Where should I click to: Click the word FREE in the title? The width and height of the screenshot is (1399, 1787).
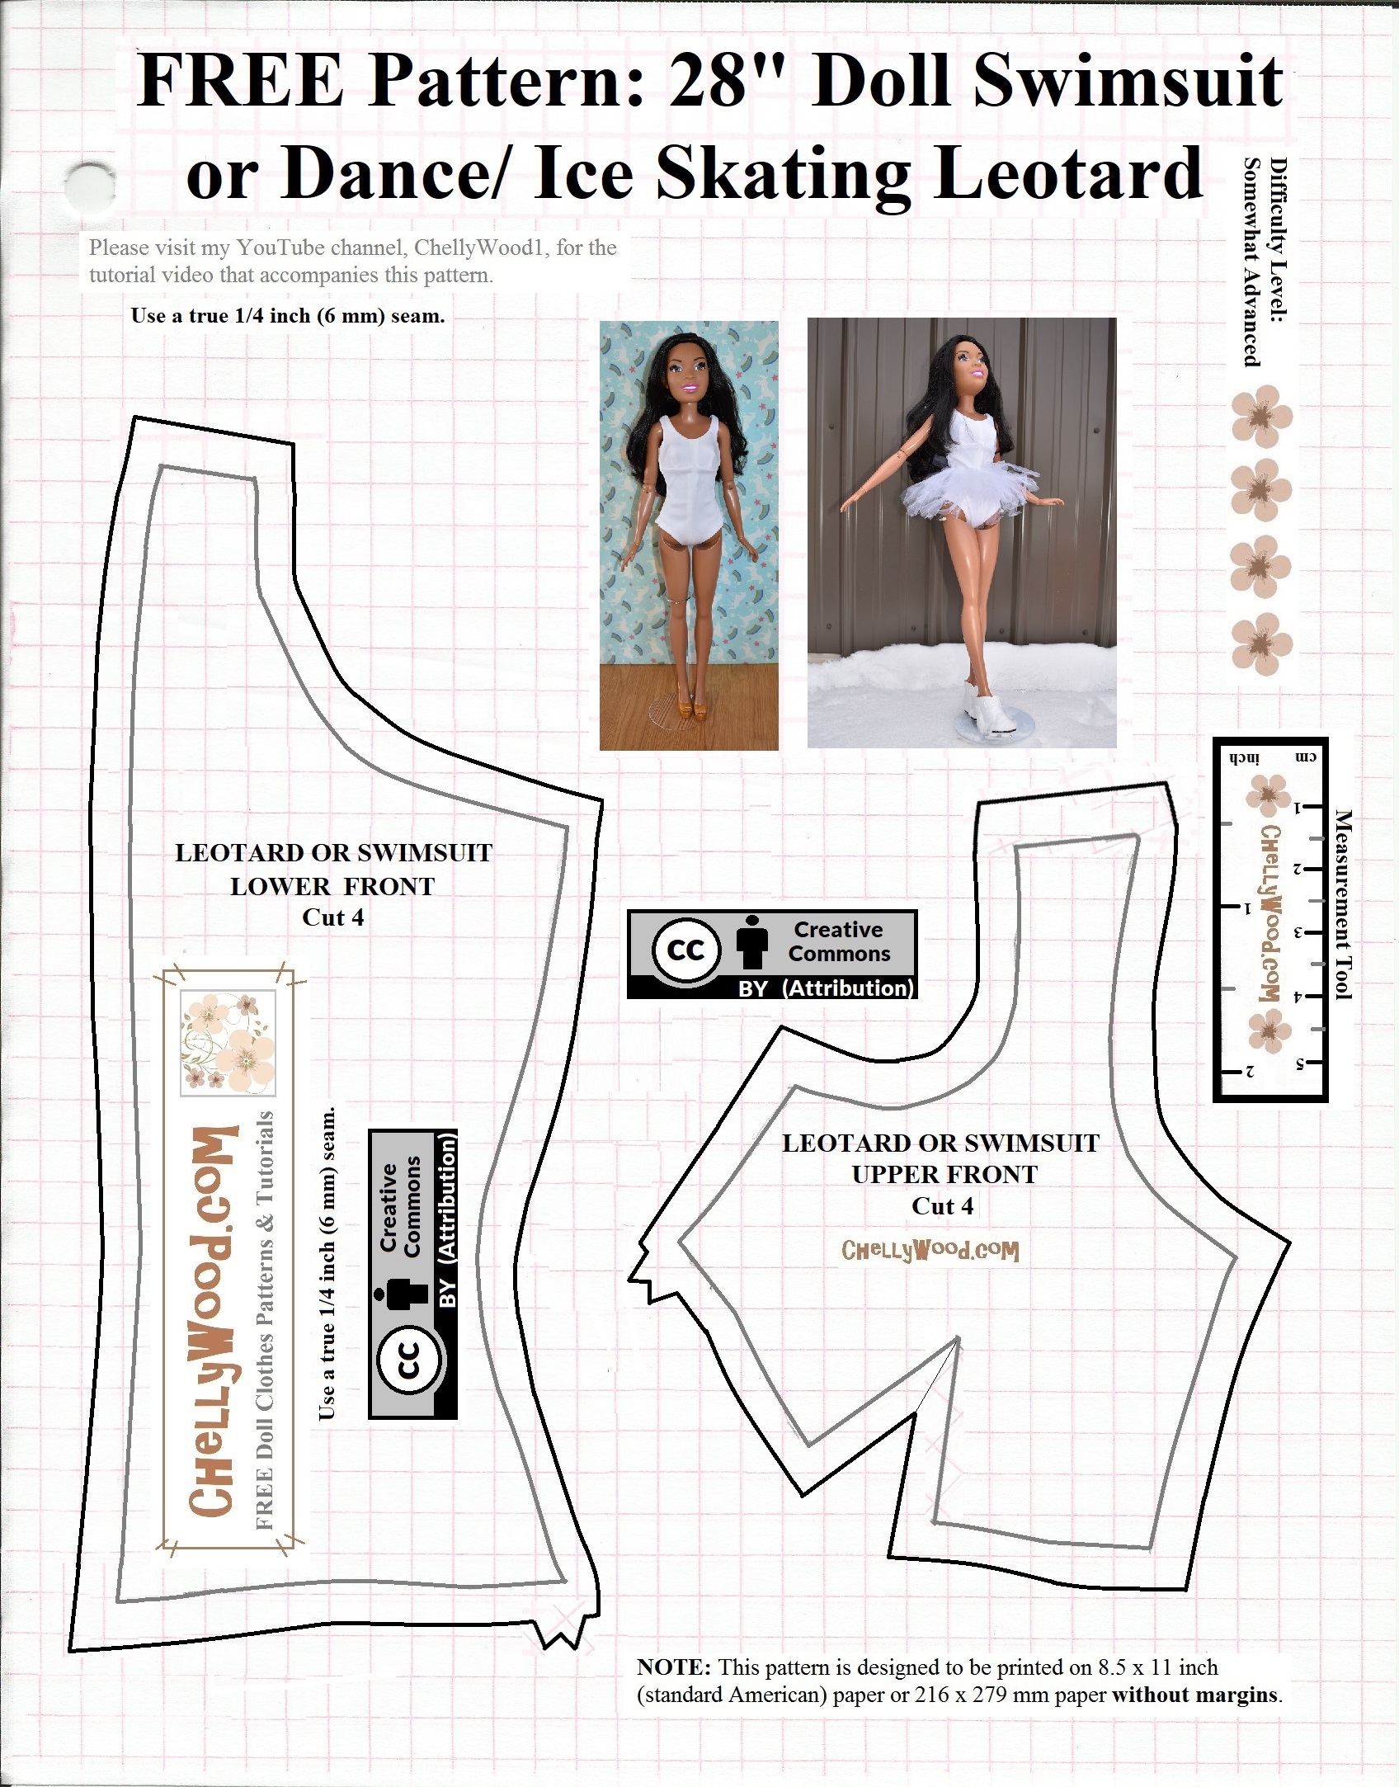tap(239, 83)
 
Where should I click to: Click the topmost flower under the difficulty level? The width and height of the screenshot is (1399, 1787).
tap(1260, 418)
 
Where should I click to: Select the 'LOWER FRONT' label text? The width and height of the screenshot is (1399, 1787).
tap(332, 886)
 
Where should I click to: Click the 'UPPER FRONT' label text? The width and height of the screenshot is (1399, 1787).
tap(944, 1174)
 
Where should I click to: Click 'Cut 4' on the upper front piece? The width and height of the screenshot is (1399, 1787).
tap(942, 1206)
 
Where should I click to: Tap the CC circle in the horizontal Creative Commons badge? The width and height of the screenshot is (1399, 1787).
tap(686, 951)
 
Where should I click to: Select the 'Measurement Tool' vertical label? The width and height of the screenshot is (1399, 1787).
tap(1344, 904)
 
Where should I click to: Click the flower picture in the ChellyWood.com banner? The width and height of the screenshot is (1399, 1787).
tap(228, 1043)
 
